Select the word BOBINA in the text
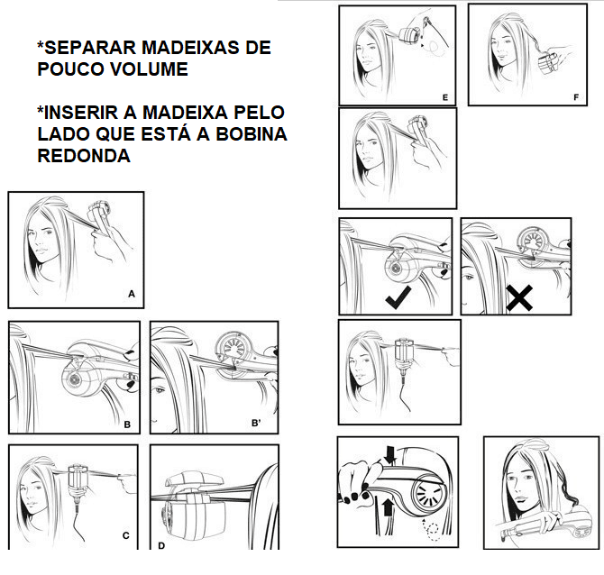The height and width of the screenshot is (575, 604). click(x=252, y=133)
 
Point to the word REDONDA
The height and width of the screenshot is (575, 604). click(x=84, y=155)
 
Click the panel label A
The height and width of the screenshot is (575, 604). click(x=132, y=294)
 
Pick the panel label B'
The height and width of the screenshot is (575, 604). click(x=256, y=423)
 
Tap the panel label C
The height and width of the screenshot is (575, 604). click(x=125, y=535)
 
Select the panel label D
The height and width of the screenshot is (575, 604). click(x=161, y=546)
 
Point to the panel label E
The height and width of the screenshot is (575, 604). click(x=445, y=97)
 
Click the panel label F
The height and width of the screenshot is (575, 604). click(x=576, y=97)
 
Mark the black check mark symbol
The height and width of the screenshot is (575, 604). click(x=398, y=297)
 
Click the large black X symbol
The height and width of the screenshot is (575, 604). click(x=519, y=298)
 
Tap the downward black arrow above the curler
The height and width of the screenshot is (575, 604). click(x=390, y=454)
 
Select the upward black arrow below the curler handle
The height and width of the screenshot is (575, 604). click(x=388, y=507)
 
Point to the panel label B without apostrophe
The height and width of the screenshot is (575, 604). click(x=127, y=424)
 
